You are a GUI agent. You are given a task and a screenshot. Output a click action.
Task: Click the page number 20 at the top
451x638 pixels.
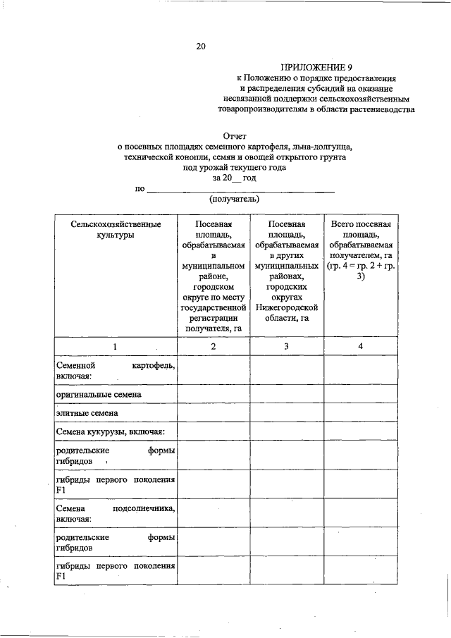201,47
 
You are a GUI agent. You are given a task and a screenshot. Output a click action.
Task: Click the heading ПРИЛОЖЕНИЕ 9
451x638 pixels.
316,66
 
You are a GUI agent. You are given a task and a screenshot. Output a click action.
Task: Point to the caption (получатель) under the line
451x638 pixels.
235,200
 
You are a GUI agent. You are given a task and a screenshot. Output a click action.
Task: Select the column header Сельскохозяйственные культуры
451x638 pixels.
116,229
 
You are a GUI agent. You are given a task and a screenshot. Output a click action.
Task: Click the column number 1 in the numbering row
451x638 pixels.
116,347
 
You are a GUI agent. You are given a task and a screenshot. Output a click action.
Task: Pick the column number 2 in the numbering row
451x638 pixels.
214,347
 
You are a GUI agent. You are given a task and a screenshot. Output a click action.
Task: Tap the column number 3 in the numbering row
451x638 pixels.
286,347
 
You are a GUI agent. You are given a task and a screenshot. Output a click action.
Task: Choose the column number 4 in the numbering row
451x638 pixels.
360,347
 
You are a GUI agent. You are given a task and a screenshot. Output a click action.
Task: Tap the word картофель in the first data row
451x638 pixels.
153,367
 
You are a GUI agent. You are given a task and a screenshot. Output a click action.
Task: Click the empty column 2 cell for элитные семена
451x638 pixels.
214,412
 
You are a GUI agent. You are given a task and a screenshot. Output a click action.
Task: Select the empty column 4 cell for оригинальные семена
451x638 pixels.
360,394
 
